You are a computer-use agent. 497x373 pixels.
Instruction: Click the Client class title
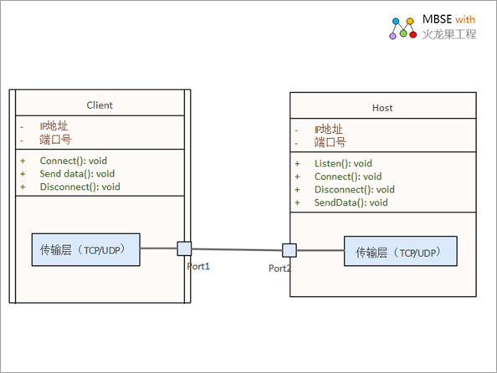100,105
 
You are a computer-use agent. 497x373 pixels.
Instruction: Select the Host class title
382,108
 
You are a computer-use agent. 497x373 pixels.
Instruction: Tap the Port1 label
198,267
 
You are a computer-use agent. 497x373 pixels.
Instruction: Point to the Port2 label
279,268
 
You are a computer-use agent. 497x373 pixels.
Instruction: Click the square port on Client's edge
184,248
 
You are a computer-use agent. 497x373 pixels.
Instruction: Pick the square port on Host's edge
289,250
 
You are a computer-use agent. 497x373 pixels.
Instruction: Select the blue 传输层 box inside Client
86,250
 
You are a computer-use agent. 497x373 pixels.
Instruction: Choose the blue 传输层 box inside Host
401,251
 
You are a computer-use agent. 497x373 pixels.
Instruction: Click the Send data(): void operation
77,174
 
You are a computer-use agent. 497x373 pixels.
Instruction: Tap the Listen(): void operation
343,164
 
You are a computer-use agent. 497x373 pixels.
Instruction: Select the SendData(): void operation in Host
351,202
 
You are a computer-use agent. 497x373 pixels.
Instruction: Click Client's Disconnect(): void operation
79,186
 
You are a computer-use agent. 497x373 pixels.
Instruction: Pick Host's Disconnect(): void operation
355,190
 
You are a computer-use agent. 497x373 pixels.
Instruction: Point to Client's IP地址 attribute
54,126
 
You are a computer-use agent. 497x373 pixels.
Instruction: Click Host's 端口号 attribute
330,142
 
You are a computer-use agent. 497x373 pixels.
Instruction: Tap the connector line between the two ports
237,249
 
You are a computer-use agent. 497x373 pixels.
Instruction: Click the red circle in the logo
413,34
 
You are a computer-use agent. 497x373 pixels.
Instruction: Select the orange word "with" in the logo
465,19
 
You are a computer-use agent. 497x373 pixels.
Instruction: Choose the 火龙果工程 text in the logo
449,34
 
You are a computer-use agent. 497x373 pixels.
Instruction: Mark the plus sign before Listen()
297,164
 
